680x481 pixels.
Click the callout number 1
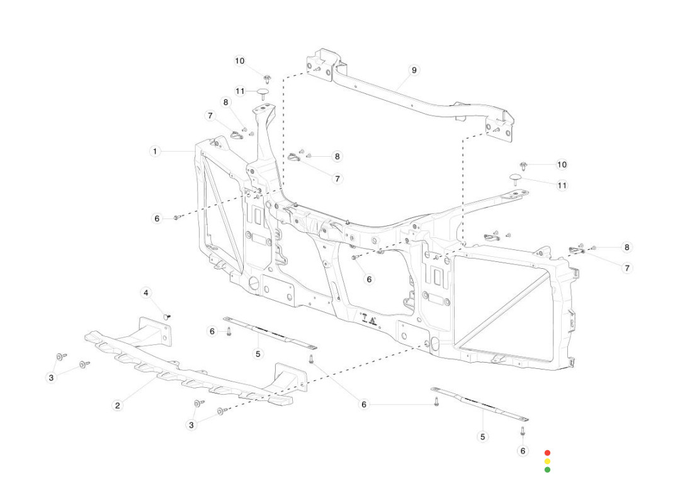155,152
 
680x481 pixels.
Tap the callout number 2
117,405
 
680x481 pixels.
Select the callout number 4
146,293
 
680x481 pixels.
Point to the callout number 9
414,70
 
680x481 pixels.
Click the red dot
547,453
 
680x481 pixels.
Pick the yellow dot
547,461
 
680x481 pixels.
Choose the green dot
547,470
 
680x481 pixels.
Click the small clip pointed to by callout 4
167,315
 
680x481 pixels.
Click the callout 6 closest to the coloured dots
523,451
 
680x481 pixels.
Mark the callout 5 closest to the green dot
483,436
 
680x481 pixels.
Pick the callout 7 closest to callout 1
210,116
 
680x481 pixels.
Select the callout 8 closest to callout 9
337,156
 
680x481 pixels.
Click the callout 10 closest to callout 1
239,61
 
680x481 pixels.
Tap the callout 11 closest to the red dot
562,185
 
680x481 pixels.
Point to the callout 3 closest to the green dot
191,425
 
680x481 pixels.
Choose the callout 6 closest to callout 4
212,331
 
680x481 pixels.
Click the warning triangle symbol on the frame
373,320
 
